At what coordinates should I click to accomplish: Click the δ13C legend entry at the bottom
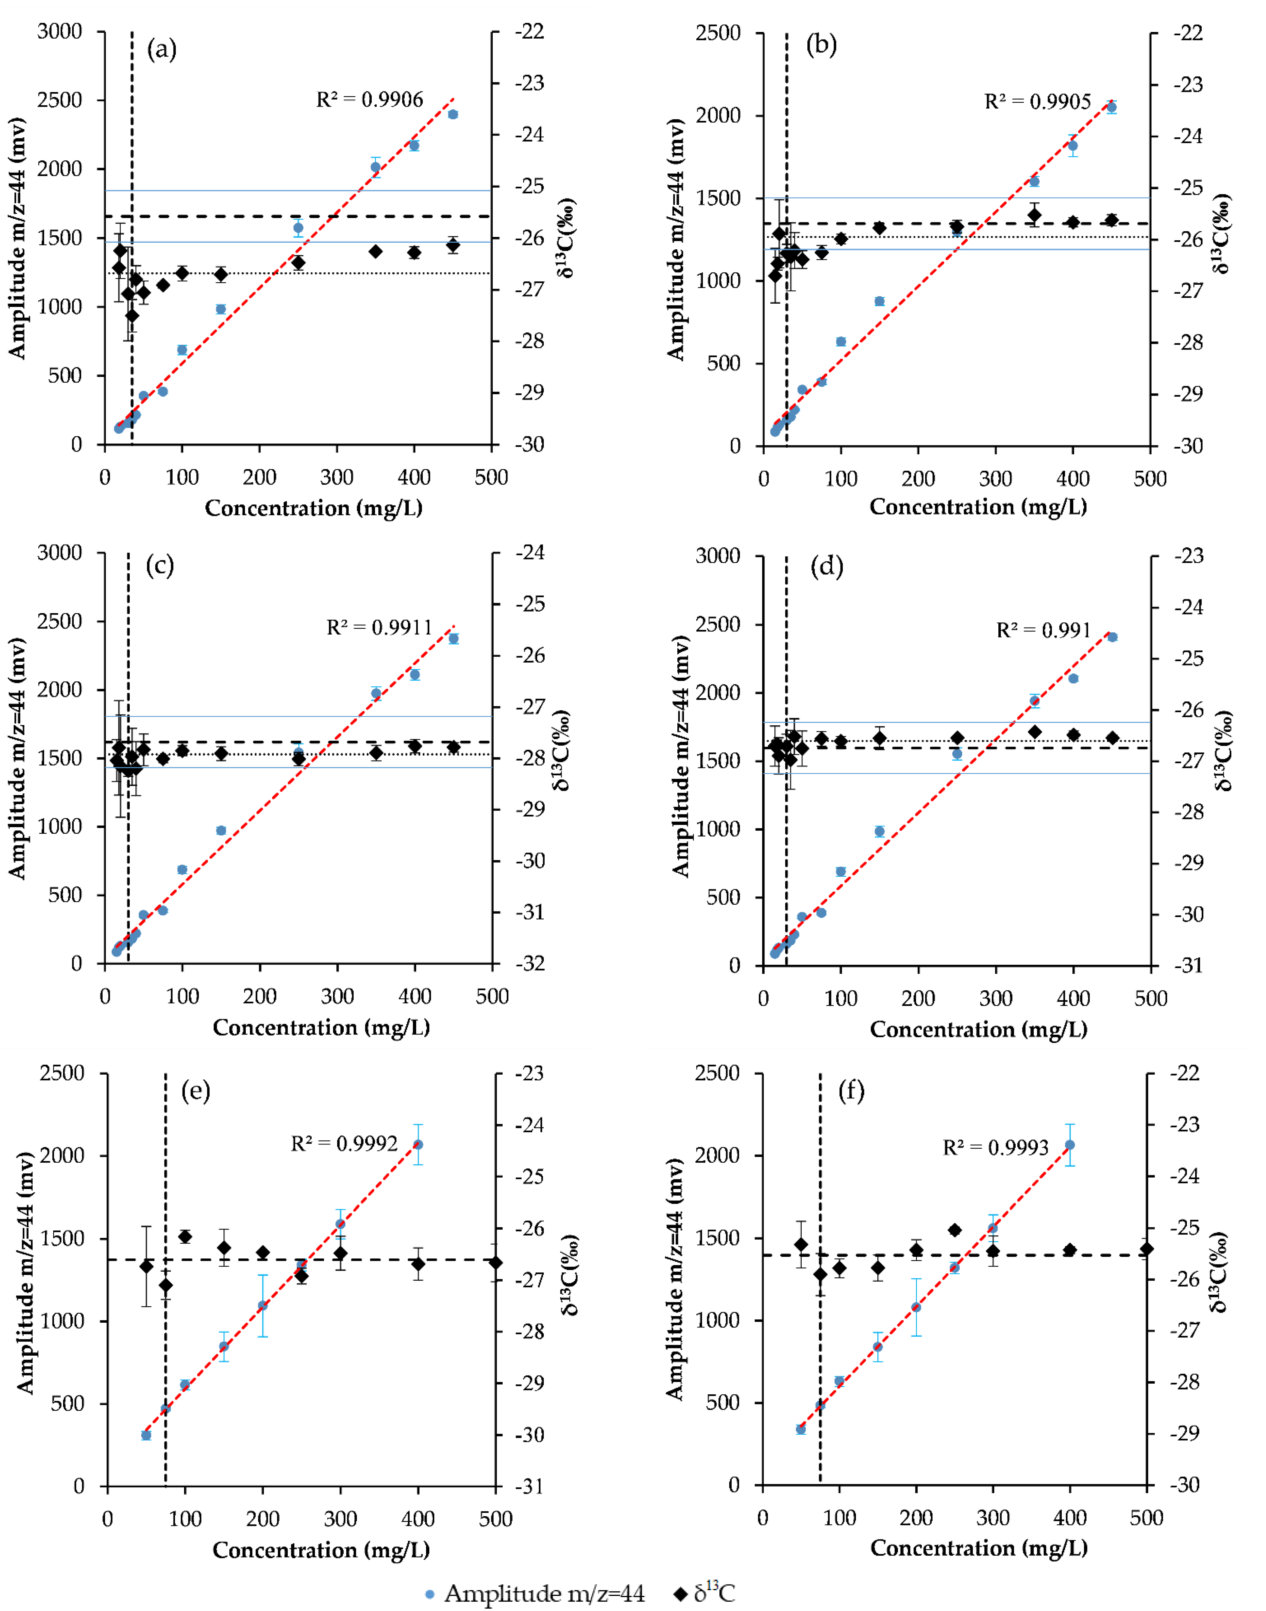704,1593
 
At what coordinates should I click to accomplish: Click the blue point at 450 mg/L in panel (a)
453,114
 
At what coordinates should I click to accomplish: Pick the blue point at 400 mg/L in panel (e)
418,1145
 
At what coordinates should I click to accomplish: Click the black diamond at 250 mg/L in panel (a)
299,262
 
